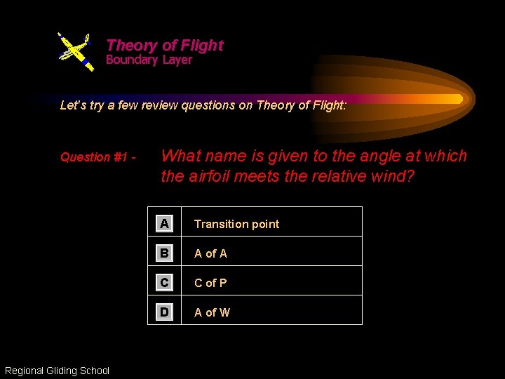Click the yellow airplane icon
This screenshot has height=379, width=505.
coord(75,51)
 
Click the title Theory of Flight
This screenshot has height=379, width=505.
coord(165,46)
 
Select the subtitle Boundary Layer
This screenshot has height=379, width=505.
coord(149,60)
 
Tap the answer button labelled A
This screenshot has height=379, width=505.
coord(164,224)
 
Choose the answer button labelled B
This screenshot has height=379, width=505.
coord(164,253)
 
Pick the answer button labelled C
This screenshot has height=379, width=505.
coord(164,283)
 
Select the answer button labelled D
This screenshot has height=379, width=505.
coord(164,312)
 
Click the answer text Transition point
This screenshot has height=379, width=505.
coord(236,225)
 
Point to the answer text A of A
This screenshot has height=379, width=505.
coord(210,254)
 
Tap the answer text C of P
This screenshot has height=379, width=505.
coord(210,284)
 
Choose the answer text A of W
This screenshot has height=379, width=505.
coord(212,313)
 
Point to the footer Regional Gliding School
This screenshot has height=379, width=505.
coord(57,371)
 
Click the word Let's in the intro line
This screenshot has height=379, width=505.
coord(72,106)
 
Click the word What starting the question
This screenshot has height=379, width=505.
coord(182,156)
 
